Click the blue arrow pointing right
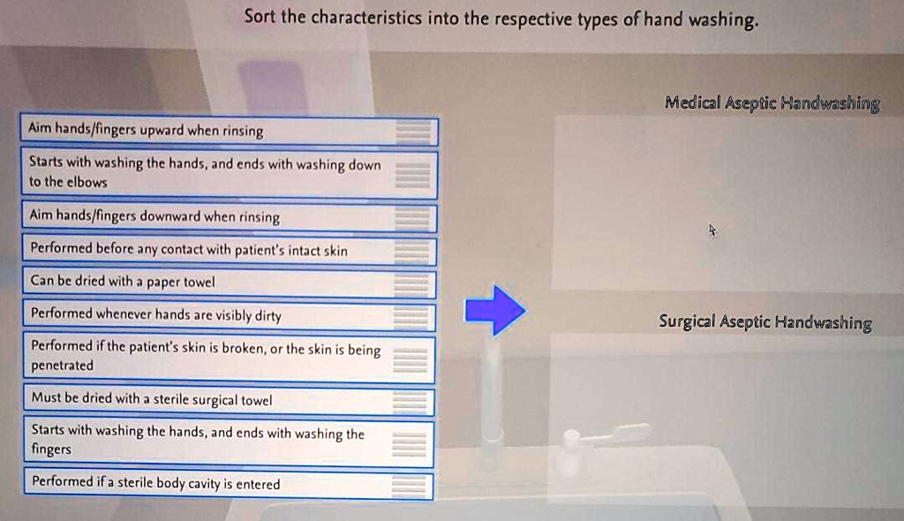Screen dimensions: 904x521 (x=494, y=311)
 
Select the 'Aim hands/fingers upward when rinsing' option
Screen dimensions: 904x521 (x=229, y=131)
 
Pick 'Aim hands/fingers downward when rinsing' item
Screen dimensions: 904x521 (x=229, y=216)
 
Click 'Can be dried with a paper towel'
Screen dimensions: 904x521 (x=229, y=282)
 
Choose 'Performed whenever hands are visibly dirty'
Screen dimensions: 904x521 (x=229, y=314)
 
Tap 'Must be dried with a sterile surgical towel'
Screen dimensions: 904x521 (x=229, y=400)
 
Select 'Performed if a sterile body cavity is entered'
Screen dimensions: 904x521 (x=229, y=484)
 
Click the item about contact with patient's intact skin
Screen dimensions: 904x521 (x=229, y=249)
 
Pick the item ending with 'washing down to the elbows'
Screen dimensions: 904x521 (x=229, y=172)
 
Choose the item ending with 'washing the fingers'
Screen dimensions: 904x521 (x=229, y=442)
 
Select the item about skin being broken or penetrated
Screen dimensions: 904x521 (x=229, y=357)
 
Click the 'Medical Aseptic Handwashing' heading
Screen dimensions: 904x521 (x=772, y=103)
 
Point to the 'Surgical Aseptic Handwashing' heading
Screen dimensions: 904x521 (x=765, y=322)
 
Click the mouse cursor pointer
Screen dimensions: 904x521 (x=712, y=230)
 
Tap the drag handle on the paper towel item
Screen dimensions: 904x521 (x=411, y=283)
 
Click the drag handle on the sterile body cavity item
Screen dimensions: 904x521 (x=408, y=485)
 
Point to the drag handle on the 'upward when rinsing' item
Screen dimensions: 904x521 (x=413, y=131)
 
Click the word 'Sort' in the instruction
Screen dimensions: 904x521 (x=260, y=16)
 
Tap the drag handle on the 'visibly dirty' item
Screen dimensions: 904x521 (x=411, y=315)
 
